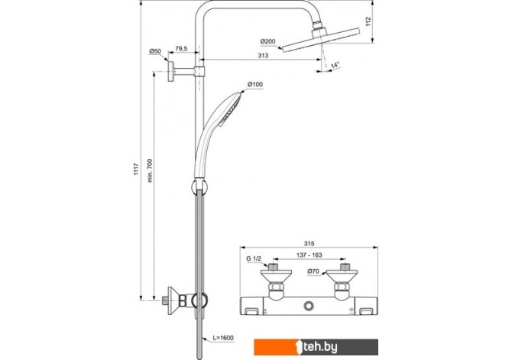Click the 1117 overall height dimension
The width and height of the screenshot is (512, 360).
point(136,169)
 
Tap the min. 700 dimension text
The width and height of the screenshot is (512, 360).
point(150,170)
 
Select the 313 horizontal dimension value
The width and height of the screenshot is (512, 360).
point(263,56)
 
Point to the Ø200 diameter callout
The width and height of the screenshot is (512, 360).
point(267,41)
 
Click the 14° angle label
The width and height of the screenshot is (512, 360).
point(335,65)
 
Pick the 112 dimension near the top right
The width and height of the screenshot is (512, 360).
point(368,21)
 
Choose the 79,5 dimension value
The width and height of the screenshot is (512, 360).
point(181,49)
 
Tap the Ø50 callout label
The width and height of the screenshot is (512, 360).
point(155,51)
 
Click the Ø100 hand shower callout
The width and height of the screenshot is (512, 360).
point(255,84)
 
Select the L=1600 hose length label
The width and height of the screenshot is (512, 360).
point(223,338)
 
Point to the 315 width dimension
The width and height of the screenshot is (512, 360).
point(309,243)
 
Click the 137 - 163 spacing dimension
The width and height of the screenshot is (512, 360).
point(309,255)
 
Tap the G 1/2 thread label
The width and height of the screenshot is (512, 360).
point(254,259)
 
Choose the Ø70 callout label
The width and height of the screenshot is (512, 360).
point(313,271)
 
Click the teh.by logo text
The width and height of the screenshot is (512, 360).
point(320,347)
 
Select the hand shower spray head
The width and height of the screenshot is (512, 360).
point(231,109)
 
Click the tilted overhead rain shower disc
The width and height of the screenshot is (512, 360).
point(321,40)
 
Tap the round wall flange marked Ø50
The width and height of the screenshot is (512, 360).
point(170,71)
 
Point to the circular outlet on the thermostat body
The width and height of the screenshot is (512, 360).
point(309,306)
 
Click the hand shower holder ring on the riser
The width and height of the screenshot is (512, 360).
point(199,187)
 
